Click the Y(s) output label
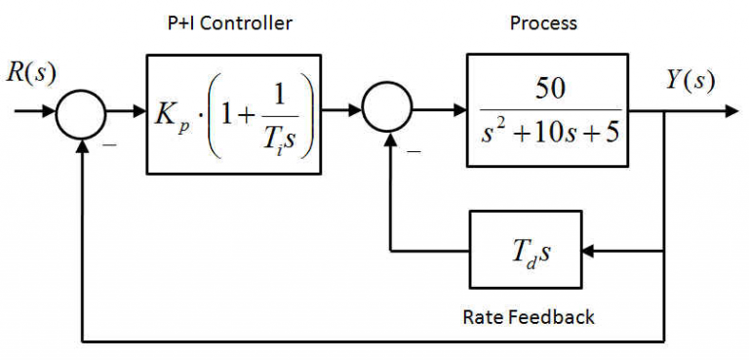pos(690,81)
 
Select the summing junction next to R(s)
pos(81,112)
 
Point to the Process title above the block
pos(543,22)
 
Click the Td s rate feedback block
pos(525,251)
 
